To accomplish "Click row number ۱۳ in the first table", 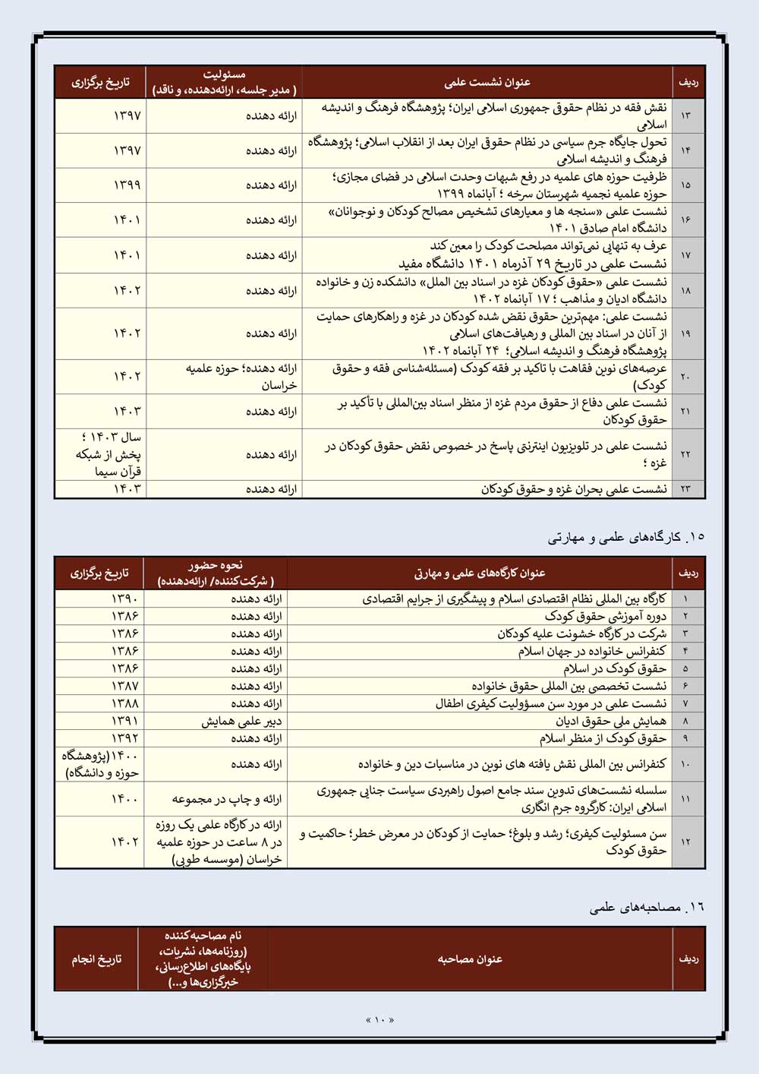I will pos(686,115).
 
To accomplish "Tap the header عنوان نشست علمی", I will pos(487,82).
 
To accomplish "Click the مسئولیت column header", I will pos(224,82).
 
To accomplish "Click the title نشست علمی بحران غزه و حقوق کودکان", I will pos(574,489).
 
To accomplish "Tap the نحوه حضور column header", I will pos(216,573).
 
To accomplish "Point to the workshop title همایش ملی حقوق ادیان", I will pos(611,721).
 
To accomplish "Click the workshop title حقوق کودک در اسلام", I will pos(615,668).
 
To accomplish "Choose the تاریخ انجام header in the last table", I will pos(96,959).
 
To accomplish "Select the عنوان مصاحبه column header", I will pos(470,959).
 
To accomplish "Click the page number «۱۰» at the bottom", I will pos(379,1019).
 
